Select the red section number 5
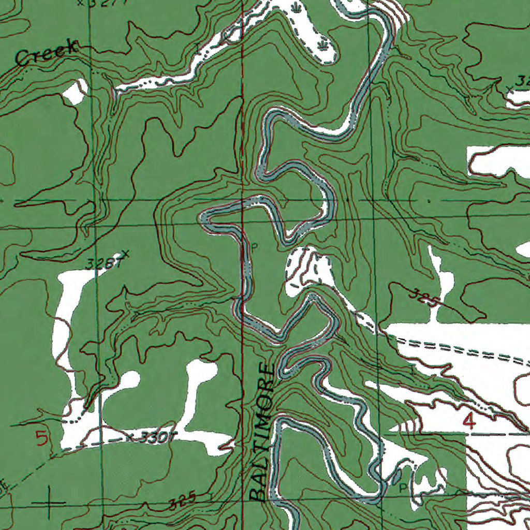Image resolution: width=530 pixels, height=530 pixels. [42, 439]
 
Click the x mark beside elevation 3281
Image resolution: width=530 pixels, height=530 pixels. [124, 254]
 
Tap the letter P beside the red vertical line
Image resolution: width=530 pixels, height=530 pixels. [254, 247]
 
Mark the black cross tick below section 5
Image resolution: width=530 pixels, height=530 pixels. [50, 503]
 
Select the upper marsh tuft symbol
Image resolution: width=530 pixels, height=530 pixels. [296, 8]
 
